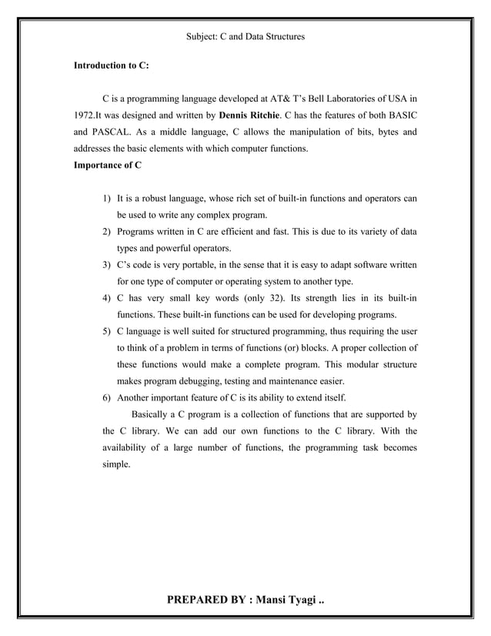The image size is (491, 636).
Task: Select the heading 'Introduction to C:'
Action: tap(111, 66)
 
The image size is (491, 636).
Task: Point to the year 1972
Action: tap(83, 115)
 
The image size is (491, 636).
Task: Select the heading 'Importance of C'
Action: tap(107, 165)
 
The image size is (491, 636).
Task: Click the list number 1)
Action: tap(108, 199)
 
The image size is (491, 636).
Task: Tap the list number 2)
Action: tap(108, 232)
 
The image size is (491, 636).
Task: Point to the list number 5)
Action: tap(108, 332)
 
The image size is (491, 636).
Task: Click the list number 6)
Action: tap(108, 398)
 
